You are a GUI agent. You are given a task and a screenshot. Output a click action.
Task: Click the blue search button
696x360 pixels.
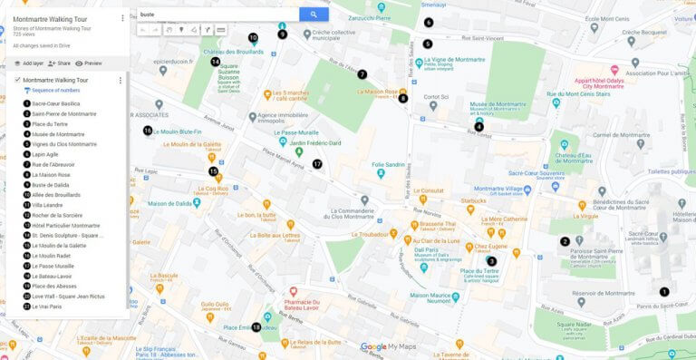314,15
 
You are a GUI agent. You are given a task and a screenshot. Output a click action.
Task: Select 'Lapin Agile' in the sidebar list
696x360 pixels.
45,154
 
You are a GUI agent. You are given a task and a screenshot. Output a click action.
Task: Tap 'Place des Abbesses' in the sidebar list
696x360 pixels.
54,286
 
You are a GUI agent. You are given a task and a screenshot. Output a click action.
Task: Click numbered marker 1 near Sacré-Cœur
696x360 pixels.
664,292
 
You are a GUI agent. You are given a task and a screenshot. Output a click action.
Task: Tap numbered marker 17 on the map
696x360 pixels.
317,164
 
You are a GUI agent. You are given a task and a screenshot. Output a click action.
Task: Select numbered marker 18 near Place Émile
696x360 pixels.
256,327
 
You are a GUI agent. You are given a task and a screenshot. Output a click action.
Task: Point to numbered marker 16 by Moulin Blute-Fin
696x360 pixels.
148,131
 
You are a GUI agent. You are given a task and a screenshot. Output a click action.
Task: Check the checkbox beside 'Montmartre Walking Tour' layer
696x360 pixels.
17,80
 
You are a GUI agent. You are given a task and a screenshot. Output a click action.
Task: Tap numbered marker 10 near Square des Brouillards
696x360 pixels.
253,38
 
